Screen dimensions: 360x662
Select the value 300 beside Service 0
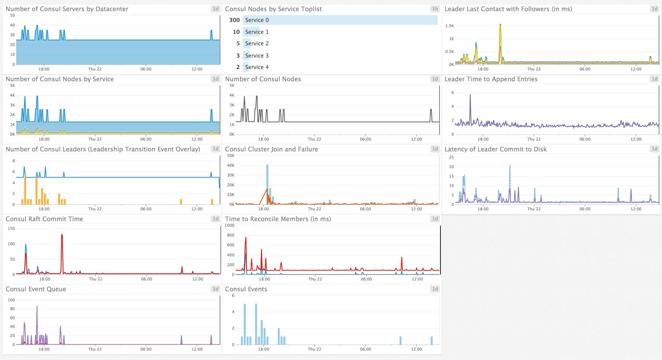(x=234, y=20)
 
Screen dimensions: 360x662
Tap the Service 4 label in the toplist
(x=257, y=67)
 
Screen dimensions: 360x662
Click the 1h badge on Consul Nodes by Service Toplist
(x=435, y=9)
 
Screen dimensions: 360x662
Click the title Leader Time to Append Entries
(x=491, y=79)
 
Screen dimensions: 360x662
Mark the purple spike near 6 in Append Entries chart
(x=470, y=95)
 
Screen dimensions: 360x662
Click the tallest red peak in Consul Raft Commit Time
(x=62, y=235)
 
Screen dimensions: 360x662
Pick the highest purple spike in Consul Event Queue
(x=37, y=307)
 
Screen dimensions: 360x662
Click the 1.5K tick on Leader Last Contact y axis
(x=449, y=26)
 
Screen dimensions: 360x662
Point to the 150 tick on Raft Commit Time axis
(x=11, y=228)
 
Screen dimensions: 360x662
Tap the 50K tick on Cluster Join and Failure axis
(x=231, y=156)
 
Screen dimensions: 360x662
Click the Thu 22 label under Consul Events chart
(x=314, y=349)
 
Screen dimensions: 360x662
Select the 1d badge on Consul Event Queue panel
(x=215, y=289)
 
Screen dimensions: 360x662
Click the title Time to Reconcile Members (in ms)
(x=278, y=219)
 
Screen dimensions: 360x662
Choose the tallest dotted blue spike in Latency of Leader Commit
(x=510, y=166)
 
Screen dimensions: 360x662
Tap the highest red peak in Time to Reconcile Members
(x=246, y=238)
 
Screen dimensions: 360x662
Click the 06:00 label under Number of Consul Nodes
(x=365, y=139)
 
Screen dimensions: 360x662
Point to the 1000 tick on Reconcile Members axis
(x=230, y=225)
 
